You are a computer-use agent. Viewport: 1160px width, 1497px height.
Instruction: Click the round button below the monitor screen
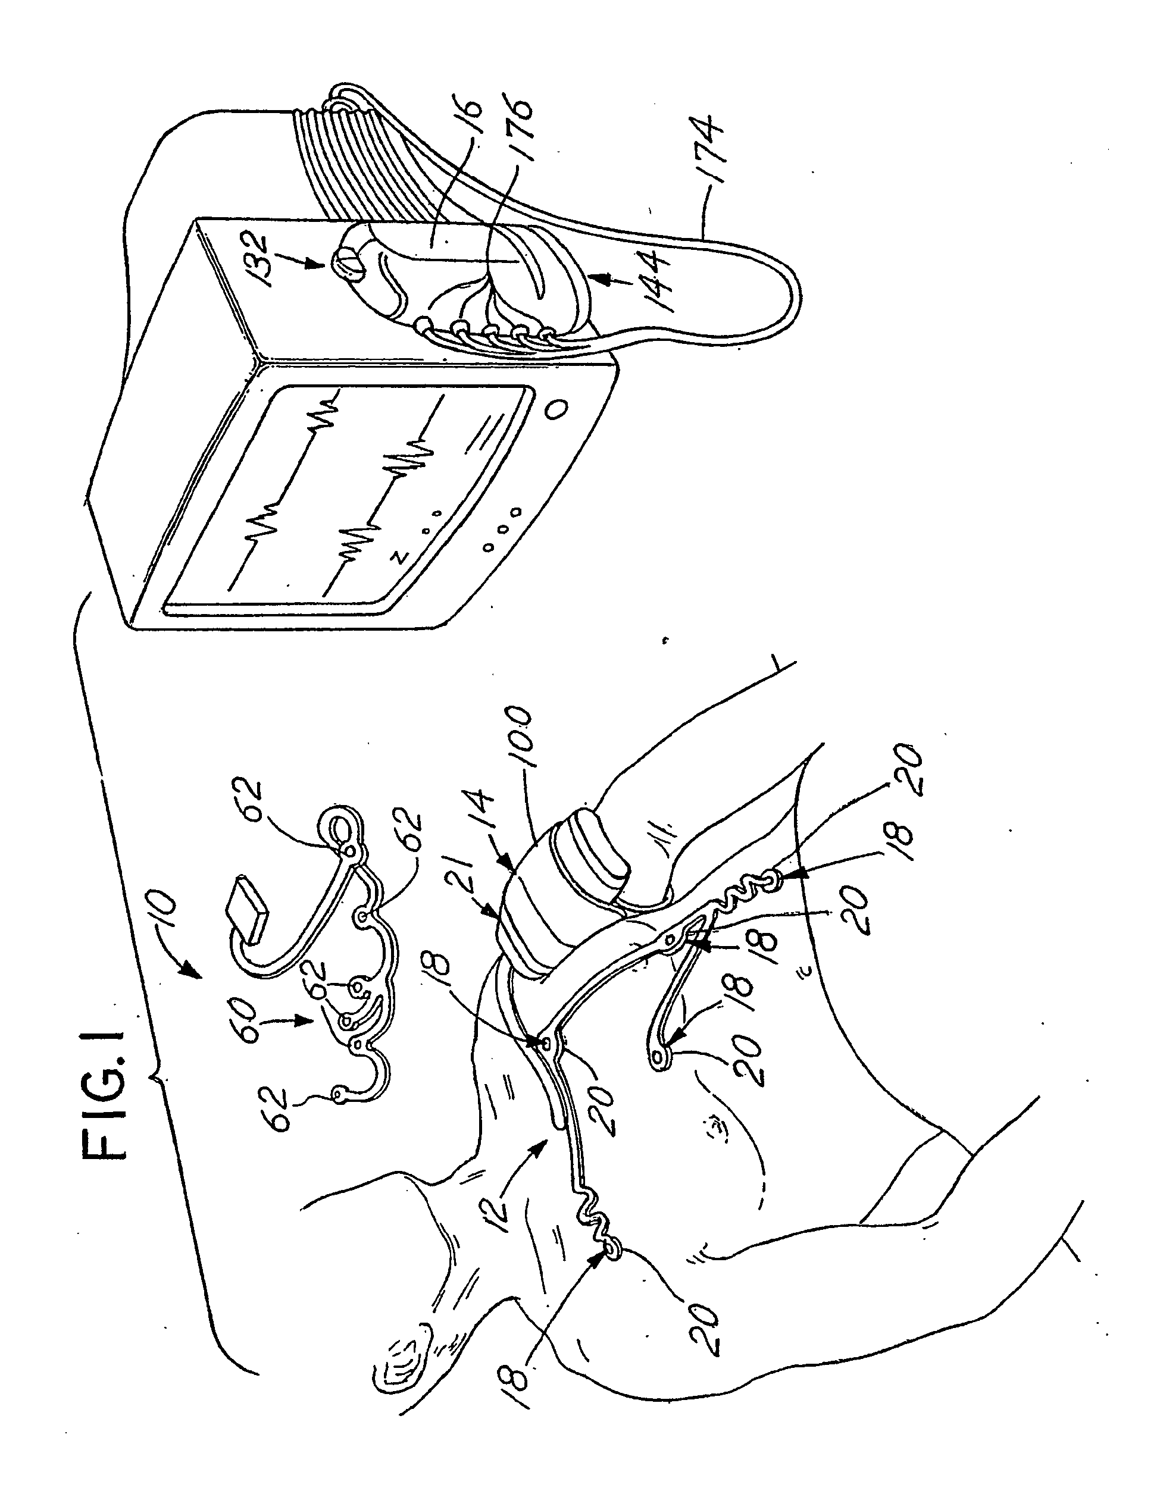click(x=555, y=410)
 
